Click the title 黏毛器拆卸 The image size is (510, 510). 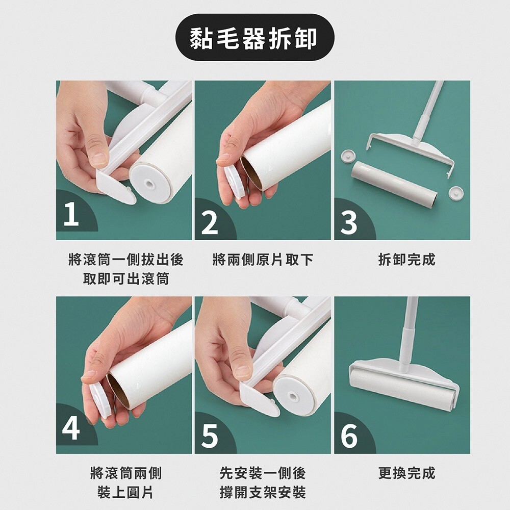point(254,38)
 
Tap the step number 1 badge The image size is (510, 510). point(71,214)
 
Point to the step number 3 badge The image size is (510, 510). point(349,222)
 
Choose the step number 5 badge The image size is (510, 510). point(210,436)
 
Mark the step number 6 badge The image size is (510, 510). point(349,436)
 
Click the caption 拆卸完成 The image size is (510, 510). point(407,260)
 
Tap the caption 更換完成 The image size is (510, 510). point(407,473)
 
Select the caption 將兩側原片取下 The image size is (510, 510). point(263,260)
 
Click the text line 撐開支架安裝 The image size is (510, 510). point(263,493)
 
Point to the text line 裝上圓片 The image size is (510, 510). point(125,493)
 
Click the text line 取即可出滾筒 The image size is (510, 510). point(126,279)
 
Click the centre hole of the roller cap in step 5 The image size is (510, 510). point(294,397)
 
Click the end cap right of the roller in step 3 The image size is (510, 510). point(456,193)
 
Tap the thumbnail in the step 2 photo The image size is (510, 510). point(223,159)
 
